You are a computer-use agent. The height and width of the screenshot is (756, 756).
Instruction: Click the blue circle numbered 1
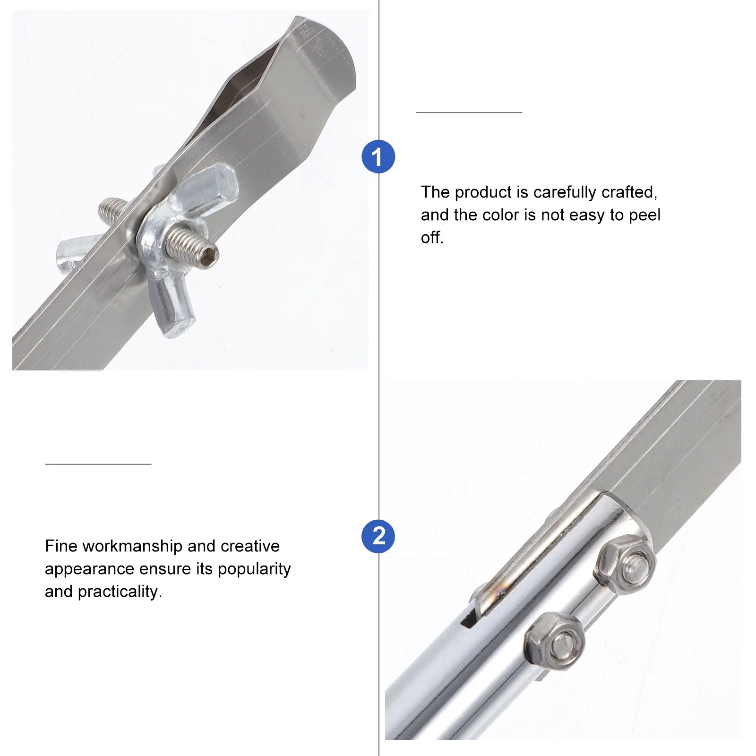(378, 156)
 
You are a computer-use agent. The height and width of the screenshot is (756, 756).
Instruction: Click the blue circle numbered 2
(378, 536)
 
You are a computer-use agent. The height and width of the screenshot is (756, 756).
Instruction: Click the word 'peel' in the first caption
(644, 215)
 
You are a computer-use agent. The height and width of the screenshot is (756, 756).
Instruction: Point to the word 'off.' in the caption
(432, 238)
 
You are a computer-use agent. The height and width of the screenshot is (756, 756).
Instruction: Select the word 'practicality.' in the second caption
(120, 592)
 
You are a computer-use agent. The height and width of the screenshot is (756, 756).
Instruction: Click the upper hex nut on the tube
(625, 565)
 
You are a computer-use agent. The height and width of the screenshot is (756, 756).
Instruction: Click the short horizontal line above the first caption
(469, 112)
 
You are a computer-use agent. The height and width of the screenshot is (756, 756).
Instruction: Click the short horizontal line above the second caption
(98, 464)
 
